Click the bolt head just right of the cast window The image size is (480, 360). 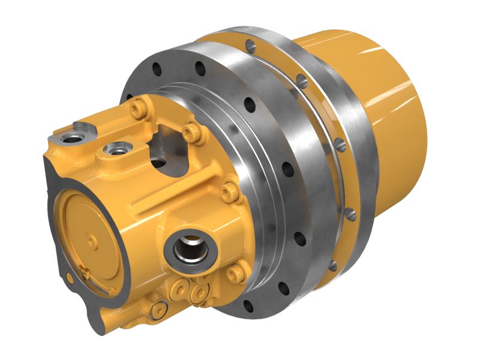[190, 130]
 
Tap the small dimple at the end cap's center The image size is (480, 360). [90, 241]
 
